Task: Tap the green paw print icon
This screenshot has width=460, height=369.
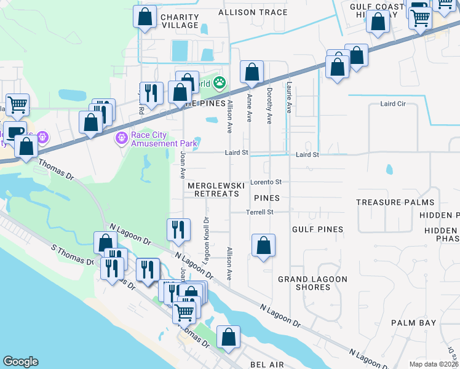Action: point(220,82)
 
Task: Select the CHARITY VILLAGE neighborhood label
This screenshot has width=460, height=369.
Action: point(180,21)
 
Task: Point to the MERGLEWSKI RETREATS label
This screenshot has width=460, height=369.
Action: point(213,189)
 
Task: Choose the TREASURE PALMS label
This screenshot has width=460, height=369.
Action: point(395,202)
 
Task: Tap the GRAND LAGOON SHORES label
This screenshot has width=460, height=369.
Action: point(304,283)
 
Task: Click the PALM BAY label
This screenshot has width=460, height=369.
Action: point(414,323)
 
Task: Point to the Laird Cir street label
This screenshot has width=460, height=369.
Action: point(393,104)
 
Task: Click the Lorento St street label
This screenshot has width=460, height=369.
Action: point(268,182)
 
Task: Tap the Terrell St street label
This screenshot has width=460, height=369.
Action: point(260,212)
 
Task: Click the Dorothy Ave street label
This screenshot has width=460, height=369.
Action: point(269,106)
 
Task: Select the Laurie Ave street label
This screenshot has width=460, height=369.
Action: point(289,98)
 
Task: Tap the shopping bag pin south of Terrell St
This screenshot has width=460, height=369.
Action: point(263,245)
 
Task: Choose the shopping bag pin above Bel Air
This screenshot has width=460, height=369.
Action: point(228,337)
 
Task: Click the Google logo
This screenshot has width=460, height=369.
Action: point(20,362)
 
